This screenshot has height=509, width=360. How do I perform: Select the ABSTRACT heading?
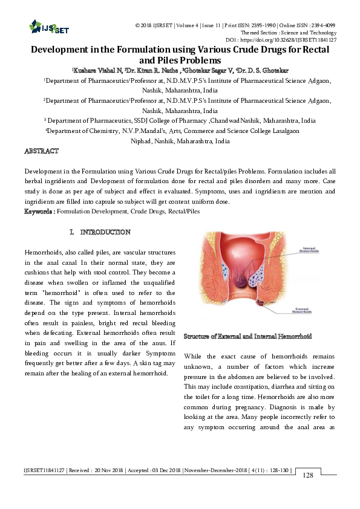pos(41,151)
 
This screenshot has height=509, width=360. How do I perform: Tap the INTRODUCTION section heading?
pos(105,232)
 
